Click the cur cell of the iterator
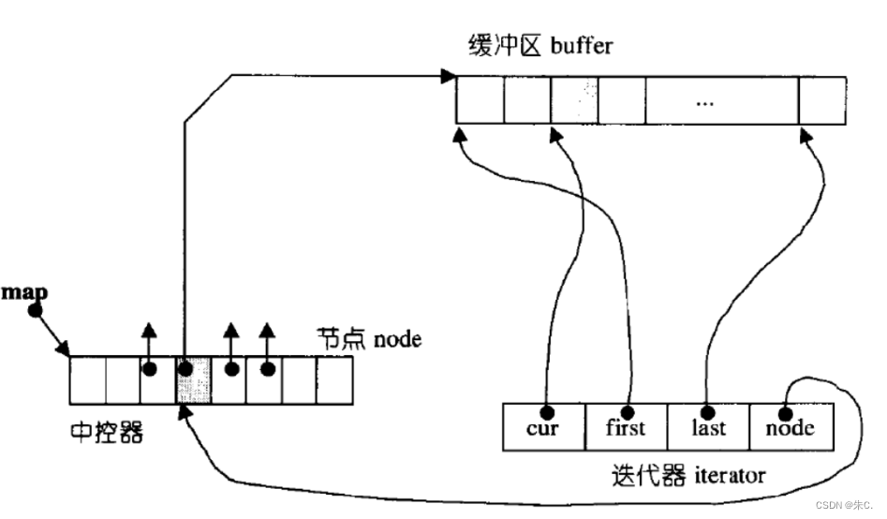[x=543, y=427]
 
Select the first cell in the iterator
[x=625, y=427]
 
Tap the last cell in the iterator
[x=708, y=427]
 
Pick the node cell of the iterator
[x=791, y=427]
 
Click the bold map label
[x=24, y=292]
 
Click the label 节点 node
[x=366, y=339]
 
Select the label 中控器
[x=107, y=433]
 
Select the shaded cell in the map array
[x=193, y=379]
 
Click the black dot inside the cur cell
[x=544, y=411]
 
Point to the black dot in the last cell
[x=706, y=410]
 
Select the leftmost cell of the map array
[x=87, y=379]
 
